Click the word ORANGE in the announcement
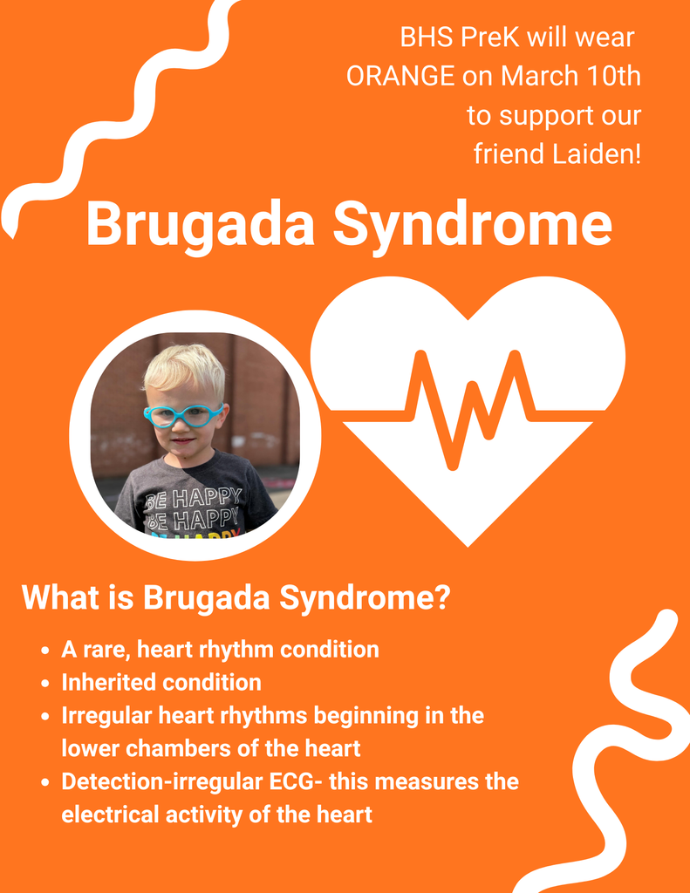pos(400,77)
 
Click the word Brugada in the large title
pos(200,224)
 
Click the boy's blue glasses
pos(183,415)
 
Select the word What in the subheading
pos(56,598)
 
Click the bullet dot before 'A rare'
pos(44,651)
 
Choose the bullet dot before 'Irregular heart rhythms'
pos(44,717)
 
